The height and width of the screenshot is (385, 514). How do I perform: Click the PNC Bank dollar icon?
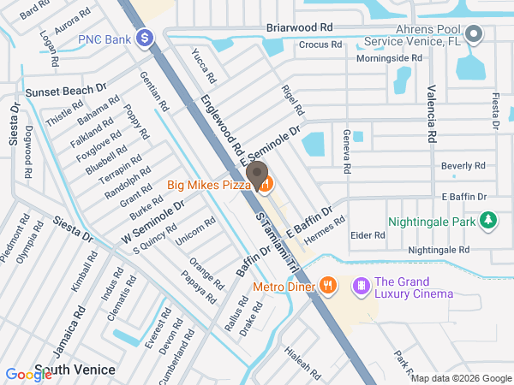[146, 38]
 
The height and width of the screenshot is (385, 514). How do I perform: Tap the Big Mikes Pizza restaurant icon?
[265, 184]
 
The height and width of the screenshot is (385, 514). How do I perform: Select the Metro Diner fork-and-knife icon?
[327, 286]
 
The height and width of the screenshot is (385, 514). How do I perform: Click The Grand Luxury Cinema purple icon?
[361, 285]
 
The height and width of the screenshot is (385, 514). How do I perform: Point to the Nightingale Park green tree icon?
[488, 222]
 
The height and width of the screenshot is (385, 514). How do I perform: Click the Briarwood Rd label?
[299, 27]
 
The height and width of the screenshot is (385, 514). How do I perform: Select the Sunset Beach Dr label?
[65, 89]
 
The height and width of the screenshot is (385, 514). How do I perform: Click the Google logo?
[28, 373]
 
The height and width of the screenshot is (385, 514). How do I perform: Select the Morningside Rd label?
[390, 58]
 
